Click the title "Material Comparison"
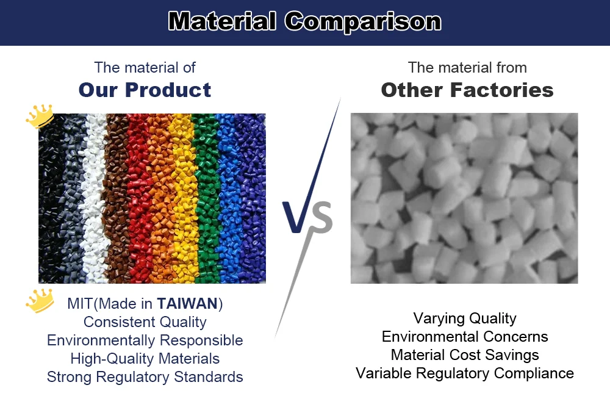coord(304,22)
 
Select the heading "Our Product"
coord(145,90)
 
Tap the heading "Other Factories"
coord(467,90)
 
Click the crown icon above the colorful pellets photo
coord(40,116)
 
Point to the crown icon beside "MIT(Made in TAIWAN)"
coord(40,301)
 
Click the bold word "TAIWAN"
coord(186,303)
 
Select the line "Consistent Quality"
coord(145,322)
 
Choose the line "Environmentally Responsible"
coord(145,340)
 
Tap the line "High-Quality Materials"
coord(145,358)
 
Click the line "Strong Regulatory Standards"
coord(145,376)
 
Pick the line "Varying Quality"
coord(465,318)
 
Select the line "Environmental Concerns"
coord(465,336)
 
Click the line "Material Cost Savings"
coord(465,355)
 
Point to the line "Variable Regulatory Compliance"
coord(465,373)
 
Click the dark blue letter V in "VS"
coord(296,217)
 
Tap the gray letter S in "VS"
coord(321,218)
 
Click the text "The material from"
coord(467,67)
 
